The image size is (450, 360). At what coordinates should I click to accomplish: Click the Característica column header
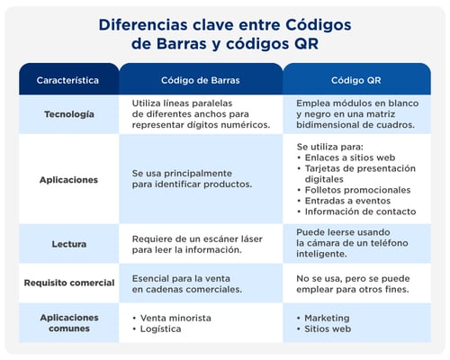(x=68, y=80)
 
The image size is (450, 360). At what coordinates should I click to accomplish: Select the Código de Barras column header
(x=200, y=80)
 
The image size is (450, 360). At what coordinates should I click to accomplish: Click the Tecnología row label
(x=68, y=114)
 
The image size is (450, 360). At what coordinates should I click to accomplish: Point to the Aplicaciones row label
(x=68, y=179)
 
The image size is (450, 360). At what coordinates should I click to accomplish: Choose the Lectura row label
(x=68, y=244)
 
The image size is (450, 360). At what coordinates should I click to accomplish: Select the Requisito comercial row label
(x=68, y=283)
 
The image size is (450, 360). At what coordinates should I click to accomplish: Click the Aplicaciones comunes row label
(x=68, y=322)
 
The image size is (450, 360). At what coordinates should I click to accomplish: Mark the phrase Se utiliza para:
(x=329, y=145)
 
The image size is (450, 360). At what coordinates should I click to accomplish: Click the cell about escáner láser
(x=198, y=244)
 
